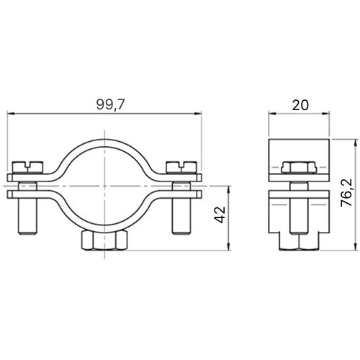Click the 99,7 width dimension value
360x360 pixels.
coord(110,105)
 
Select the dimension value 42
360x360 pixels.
coord(220,215)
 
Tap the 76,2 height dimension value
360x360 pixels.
coord(346,192)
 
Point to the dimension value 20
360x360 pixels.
coord(300,105)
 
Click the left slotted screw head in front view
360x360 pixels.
coord(28,167)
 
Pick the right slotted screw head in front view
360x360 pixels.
coord(181,167)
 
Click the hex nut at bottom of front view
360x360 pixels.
coord(104,240)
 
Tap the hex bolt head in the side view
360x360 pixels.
coord(299,168)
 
